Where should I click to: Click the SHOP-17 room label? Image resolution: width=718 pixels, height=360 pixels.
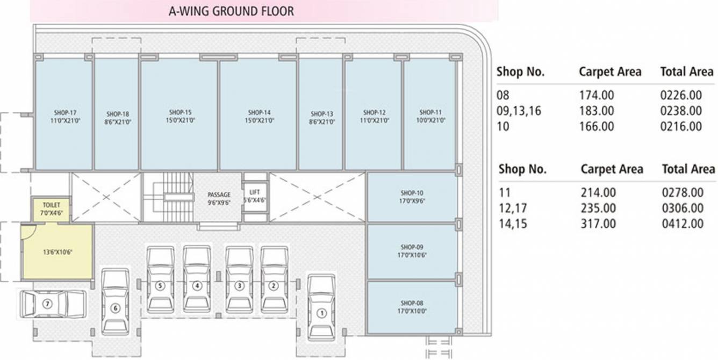66,113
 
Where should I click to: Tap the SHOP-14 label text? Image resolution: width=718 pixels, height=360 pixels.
259,113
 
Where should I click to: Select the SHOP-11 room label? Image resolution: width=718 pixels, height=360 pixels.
430,113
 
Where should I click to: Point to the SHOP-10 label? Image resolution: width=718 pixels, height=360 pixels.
412,193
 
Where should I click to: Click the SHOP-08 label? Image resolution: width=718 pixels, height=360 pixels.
412,303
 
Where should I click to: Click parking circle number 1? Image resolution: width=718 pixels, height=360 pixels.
321,313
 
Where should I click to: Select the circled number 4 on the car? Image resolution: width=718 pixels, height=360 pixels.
197,286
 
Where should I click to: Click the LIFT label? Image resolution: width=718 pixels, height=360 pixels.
254,192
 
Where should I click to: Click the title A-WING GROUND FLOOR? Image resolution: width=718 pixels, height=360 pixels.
231,11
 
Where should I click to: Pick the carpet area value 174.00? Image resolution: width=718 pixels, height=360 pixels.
597,96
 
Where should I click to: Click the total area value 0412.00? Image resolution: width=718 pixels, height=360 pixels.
683,224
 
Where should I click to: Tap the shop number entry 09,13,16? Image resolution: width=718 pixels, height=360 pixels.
519,111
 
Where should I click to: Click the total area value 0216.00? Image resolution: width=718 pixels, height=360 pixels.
681,127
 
